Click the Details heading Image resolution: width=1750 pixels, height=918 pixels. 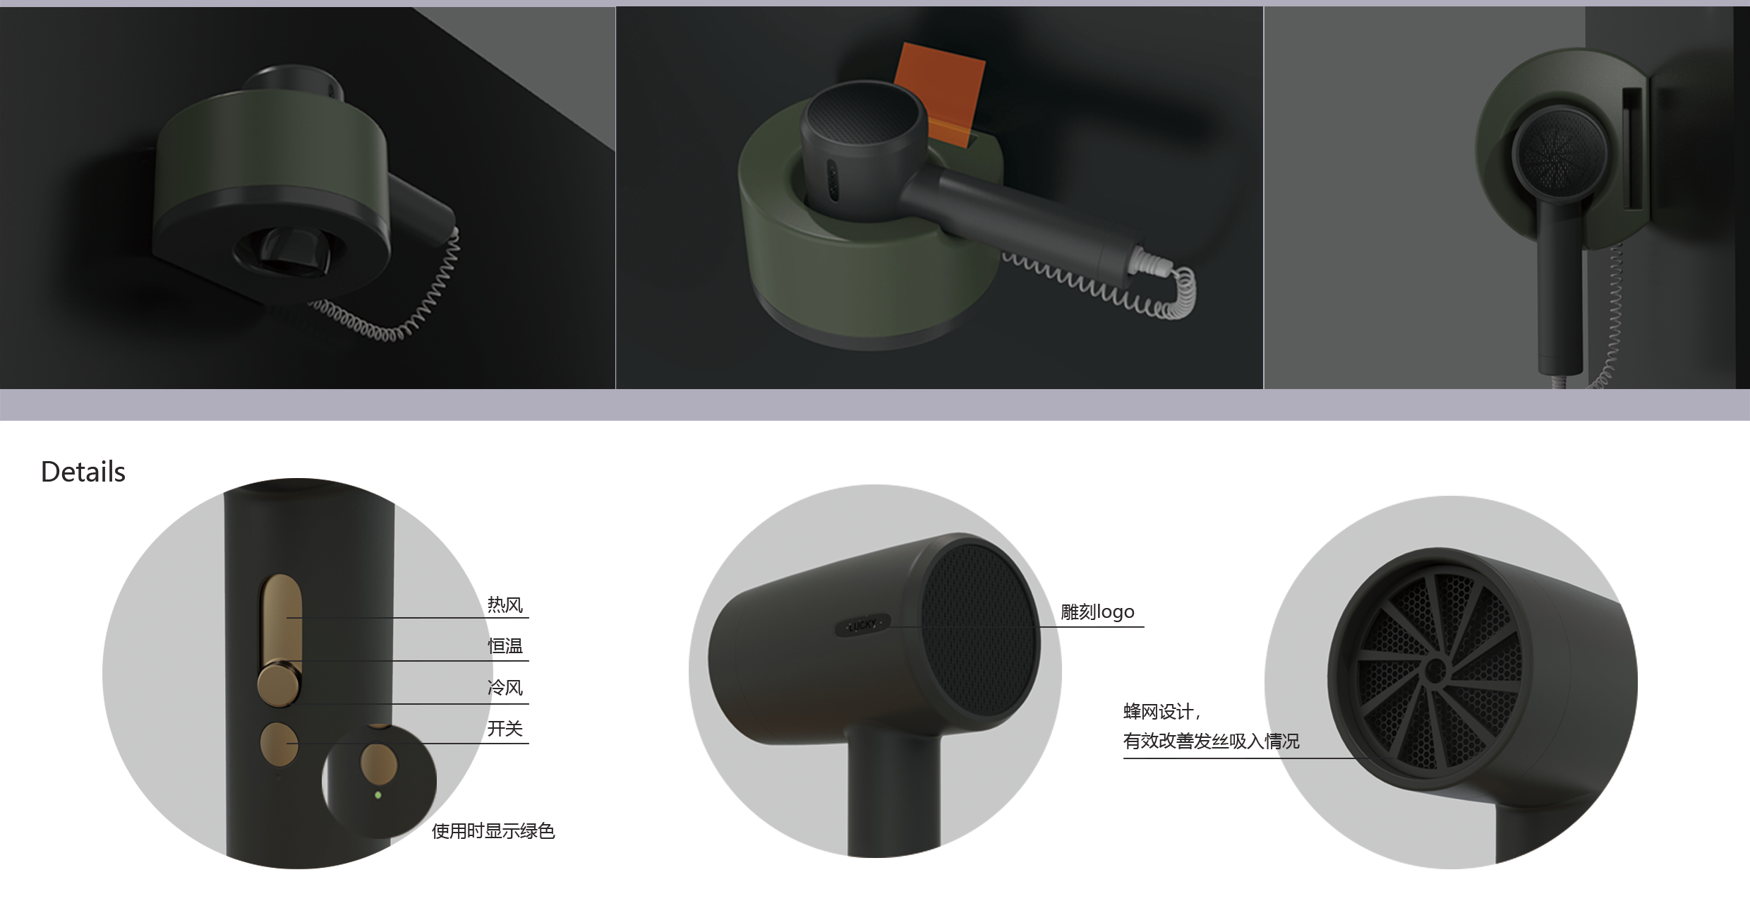(x=83, y=472)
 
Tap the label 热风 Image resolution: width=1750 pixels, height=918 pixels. (x=505, y=605)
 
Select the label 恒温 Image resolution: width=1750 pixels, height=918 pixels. (x=505, y=646)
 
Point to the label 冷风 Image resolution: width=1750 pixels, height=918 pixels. (x=505, y=688)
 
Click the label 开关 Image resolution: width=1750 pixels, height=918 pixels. (x=505, y=729)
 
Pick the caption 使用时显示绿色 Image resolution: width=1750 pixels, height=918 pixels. (x=493, y=831)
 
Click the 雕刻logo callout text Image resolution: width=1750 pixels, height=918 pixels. (x=1098, y=612)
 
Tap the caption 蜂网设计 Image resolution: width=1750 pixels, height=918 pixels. (x=1161, y=711)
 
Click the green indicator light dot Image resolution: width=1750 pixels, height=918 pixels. (x=378, y=795)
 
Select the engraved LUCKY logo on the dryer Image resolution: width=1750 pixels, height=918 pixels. (x=863, y=625)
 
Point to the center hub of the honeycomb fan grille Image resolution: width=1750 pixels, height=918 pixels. (x=1434, y=671)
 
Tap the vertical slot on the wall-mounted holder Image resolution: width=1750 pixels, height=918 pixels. (x=1632, y=148)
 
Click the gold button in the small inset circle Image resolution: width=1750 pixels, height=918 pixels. (x=379, y=763)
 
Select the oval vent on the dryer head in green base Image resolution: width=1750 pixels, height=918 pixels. (x=833, y=183)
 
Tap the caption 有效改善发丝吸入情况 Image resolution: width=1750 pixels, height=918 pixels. (x=1211, y=741)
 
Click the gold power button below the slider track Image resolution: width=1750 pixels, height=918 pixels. (x=279, y=744)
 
